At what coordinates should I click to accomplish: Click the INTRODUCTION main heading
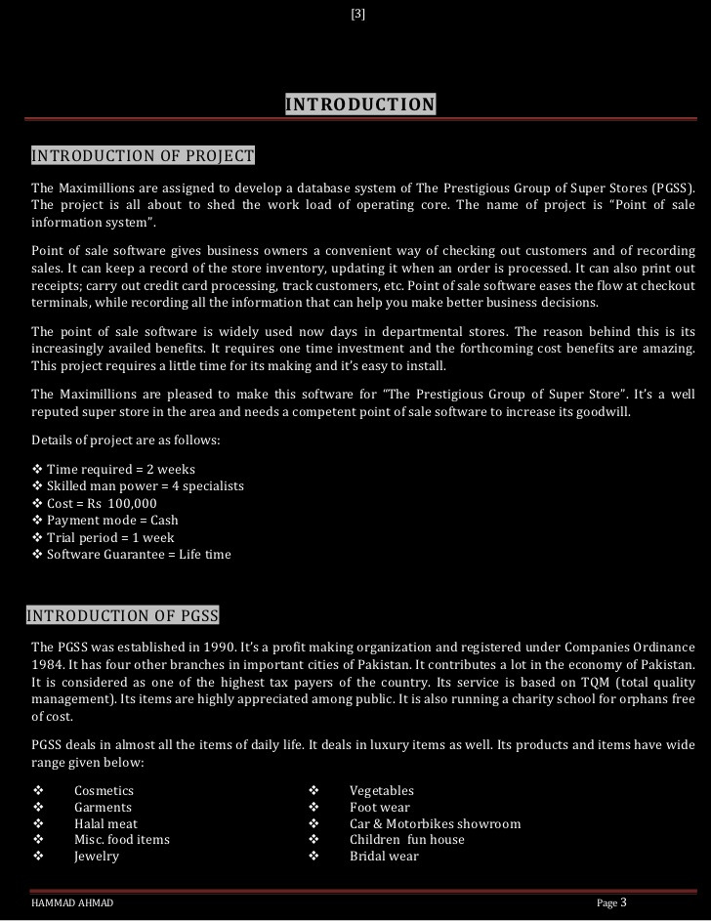click(x=360, y=105)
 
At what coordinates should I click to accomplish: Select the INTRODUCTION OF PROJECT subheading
click(x=143, y=156)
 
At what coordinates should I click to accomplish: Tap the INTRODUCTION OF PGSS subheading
click(x=122, y=615)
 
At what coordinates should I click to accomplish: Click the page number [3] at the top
click(x=357, y=14)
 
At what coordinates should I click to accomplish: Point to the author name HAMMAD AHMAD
click(x=72, y=903)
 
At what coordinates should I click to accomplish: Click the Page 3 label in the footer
click(x=611, y=902)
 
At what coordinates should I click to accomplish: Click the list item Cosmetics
click(x=104, y=790)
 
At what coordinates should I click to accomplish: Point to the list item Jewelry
click(x=97, y=856)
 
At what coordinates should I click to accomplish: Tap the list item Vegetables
click(x=382, y=790)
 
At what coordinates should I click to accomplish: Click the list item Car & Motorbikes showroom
click(x=435, y=823)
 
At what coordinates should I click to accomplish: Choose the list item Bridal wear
click(x=384, y=856)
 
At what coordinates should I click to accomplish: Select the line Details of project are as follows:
click(x=126, y=440)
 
